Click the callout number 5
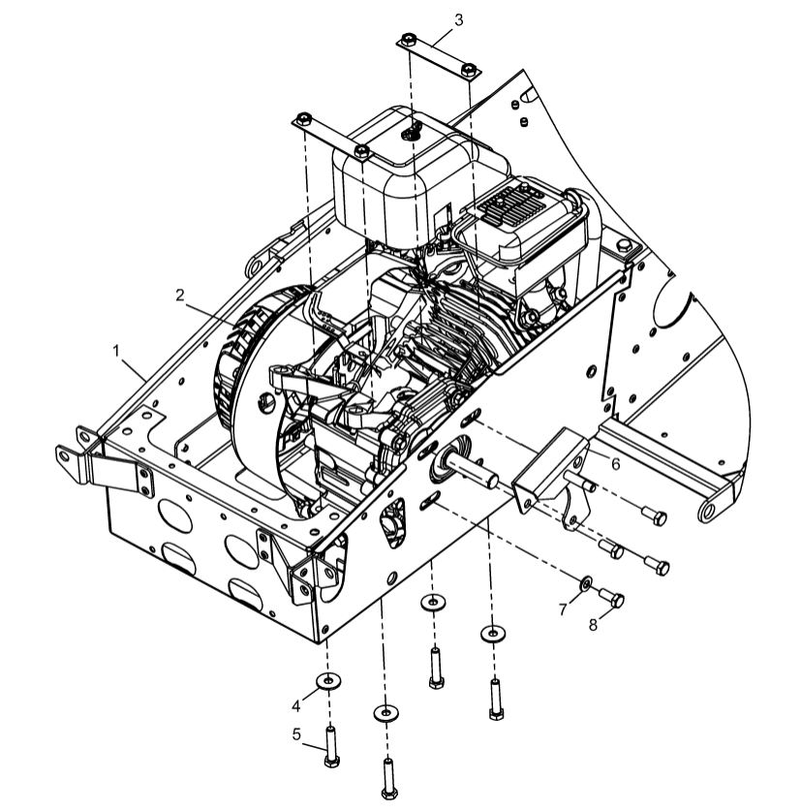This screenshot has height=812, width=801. coord(298,734)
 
